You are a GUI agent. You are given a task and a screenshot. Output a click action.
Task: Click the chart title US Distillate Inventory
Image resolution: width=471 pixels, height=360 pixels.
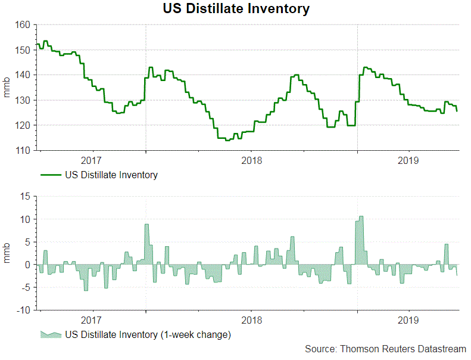pyautogui.click(x=236, y=9)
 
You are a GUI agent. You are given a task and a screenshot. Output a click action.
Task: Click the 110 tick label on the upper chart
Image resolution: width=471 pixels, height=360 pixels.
pyautogui.click(x=23, y=151)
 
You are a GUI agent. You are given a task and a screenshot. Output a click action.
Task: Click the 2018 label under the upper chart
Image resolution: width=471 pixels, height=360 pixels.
pyautogui.click(x=251, y=161)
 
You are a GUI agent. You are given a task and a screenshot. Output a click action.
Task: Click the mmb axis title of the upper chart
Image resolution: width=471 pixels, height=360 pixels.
pyautogui.click(x=8, y=88)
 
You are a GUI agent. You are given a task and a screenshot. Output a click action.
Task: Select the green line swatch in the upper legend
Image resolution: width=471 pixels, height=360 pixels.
pyautogui.click(x=51, y=175)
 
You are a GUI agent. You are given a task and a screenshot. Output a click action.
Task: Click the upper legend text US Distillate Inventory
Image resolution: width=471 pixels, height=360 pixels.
pyautogui.click(x=111, y=175)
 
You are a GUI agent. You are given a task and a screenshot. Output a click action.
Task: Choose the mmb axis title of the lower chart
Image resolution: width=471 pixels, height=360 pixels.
pyautogui.click(x=8, y=253)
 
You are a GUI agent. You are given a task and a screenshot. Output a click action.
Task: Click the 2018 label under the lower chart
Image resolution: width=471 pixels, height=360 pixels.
pyautogui.click(x=251, y=321)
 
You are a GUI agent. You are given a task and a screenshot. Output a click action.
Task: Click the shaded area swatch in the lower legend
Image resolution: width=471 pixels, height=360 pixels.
pyautogui.click(x=51, y=334)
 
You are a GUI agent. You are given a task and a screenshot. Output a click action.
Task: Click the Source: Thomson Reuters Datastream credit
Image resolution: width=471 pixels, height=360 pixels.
pyautogui.click(x=385, y=349)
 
